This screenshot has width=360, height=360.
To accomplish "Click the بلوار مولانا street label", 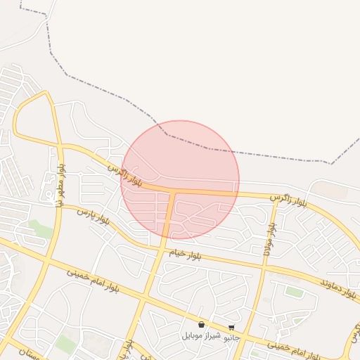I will click(269, 238).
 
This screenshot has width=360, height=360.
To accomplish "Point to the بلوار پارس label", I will click(93, 215).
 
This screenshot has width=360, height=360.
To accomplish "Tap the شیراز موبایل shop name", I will click(201, 335).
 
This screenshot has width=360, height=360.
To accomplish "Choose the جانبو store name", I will click(231, 337).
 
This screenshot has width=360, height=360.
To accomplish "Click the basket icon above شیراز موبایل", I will click(202, 325).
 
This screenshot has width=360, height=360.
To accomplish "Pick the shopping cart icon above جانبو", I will click(231, 328).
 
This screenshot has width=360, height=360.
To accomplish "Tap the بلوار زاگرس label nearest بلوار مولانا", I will click(289, 200).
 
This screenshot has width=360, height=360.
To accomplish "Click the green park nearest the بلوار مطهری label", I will click(41, 229).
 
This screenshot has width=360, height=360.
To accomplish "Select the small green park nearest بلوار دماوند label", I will click(295, 292).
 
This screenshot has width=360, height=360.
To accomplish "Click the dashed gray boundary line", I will click(211, 148).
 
